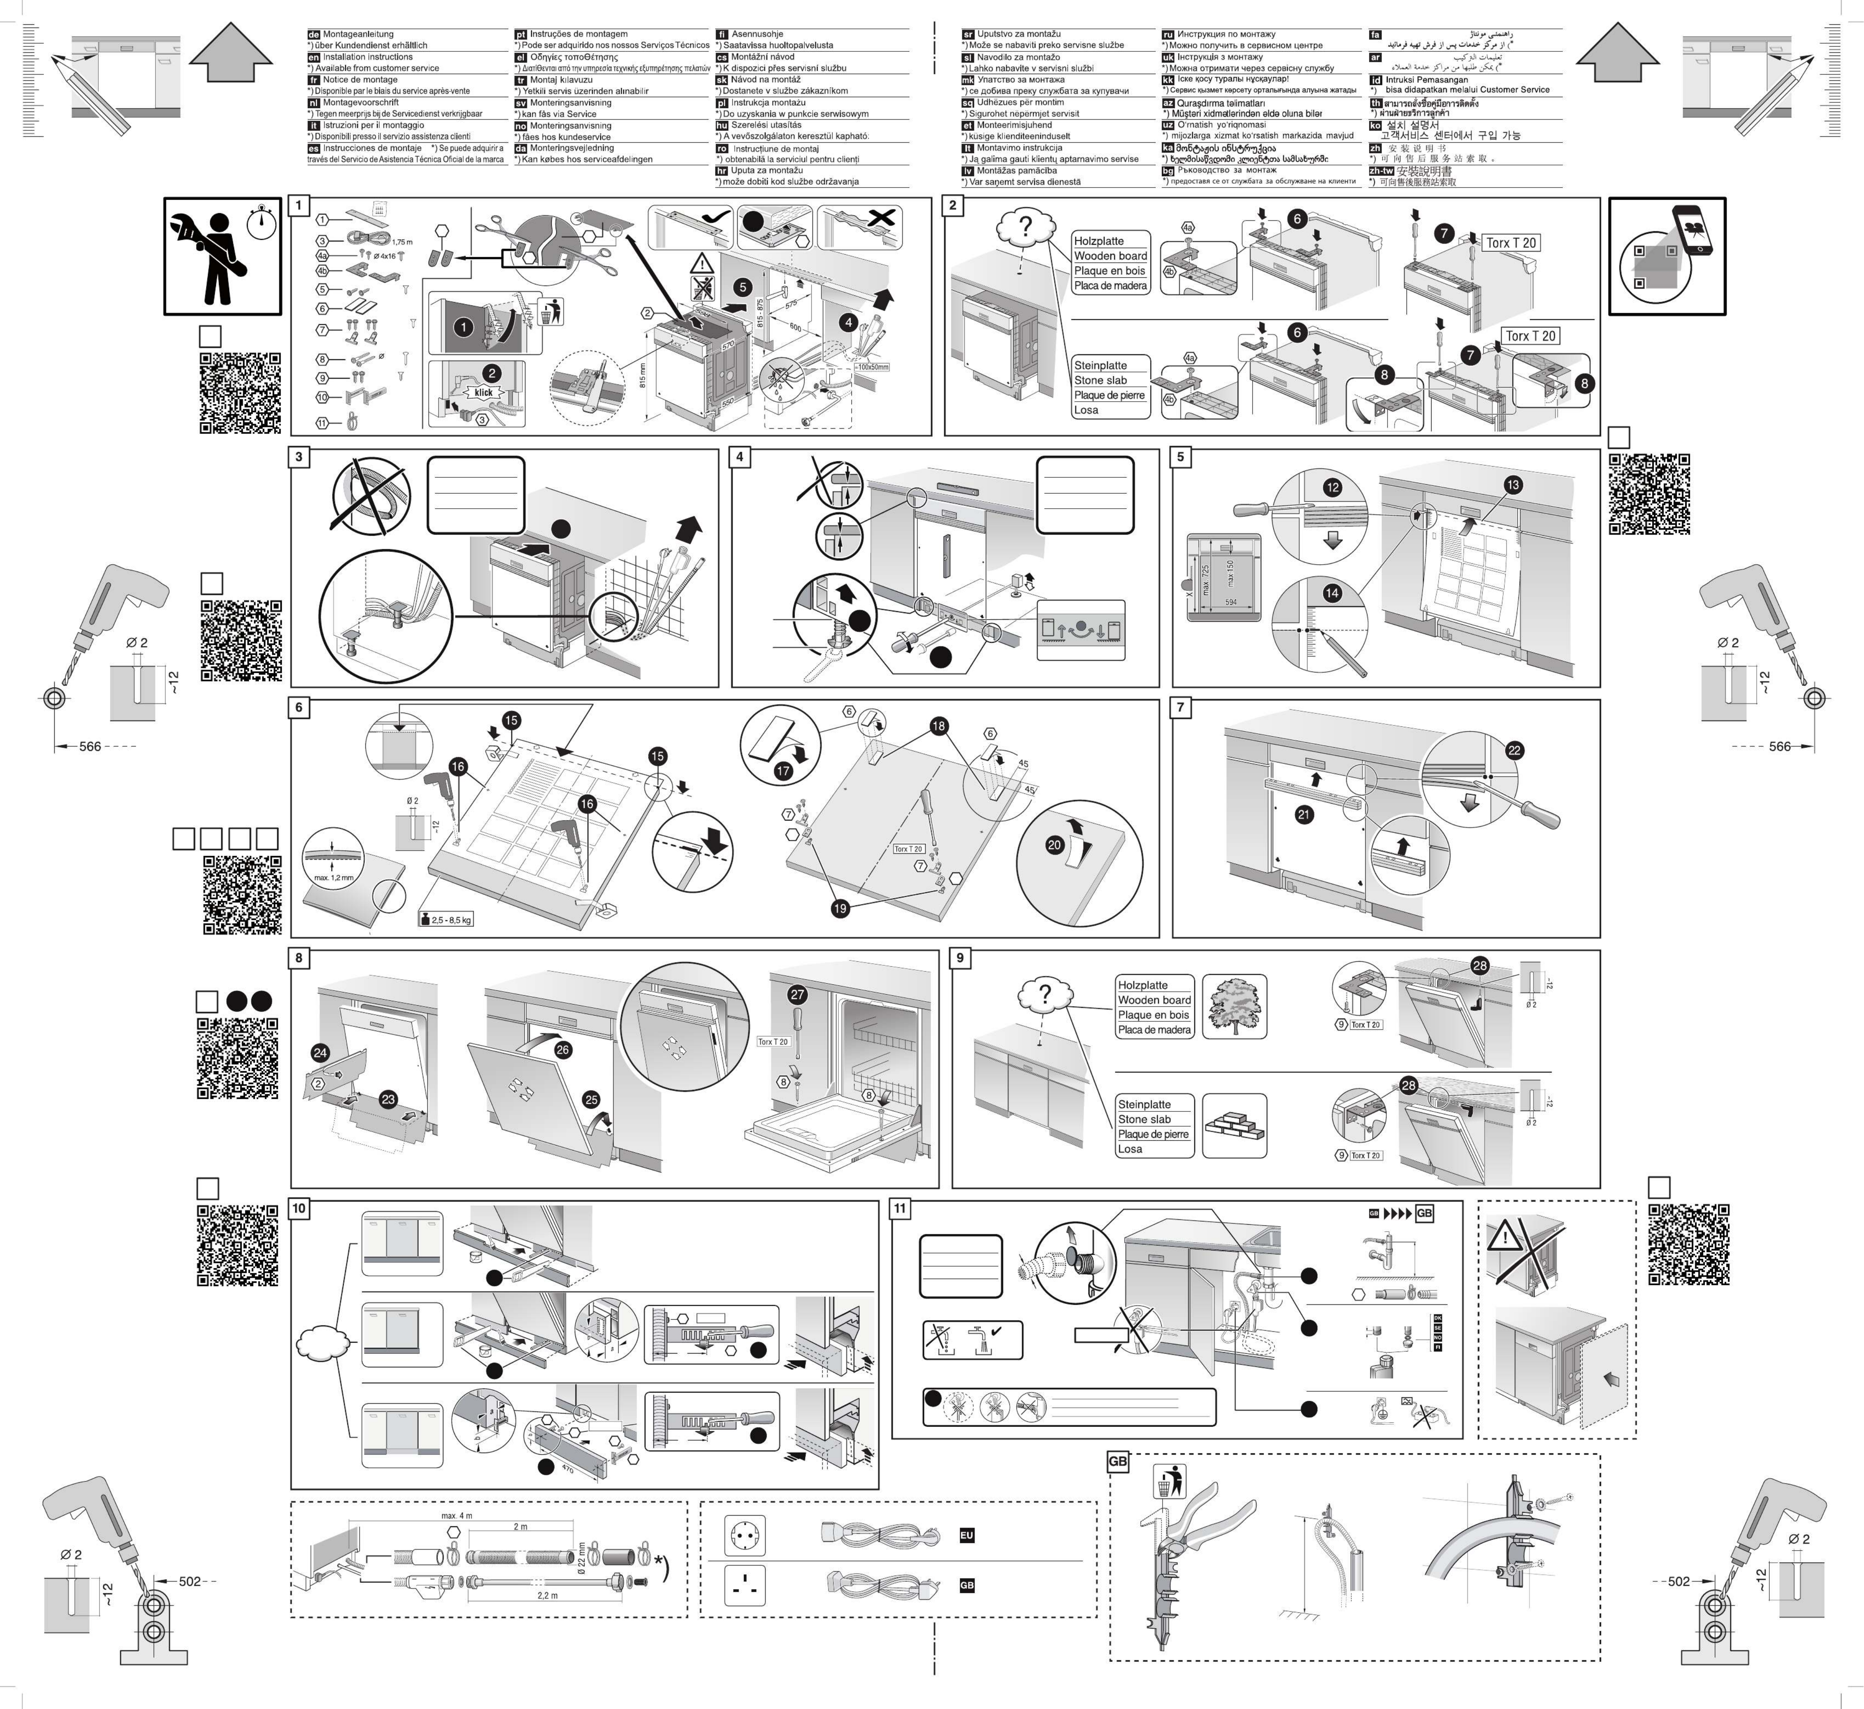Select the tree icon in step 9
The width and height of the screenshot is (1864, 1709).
pos(1234,1006)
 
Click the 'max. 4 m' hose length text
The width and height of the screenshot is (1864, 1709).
pos(457,1516)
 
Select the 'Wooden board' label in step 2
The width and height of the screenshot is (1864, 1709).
pos(1110,256)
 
